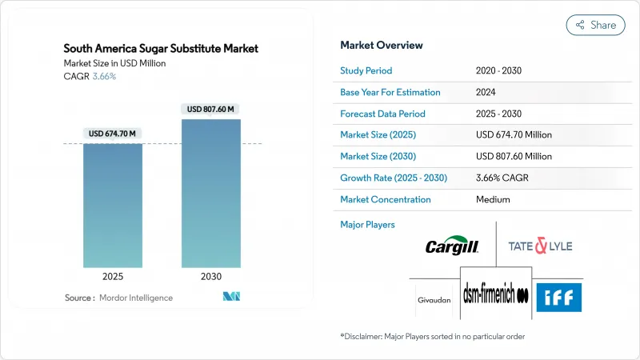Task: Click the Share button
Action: (595, 25)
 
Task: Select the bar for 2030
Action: (211, 193)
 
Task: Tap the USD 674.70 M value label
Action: (113, 133)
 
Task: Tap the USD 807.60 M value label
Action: (211, 109)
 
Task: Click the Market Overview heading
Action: (382, 45)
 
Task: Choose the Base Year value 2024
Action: (486, 92)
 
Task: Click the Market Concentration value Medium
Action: (493, 199)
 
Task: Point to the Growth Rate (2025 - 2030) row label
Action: (394, 178)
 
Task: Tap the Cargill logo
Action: (452, 246)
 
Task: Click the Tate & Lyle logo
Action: (540, 246)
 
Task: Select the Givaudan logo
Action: (434, 301)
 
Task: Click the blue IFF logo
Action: (558, 298)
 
